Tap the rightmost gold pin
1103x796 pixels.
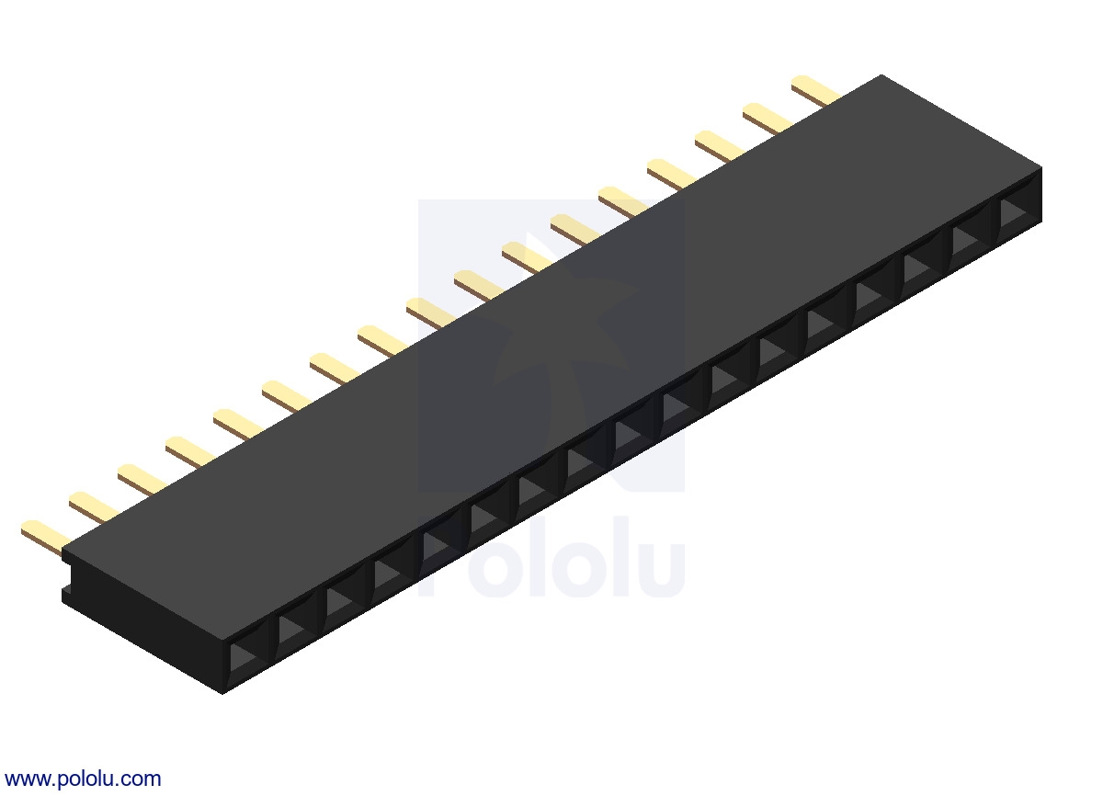coord(815,89)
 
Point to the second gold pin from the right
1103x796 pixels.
coord(768,118)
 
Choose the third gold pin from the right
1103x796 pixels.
coord(720,146)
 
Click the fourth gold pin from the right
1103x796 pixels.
coord(671,174)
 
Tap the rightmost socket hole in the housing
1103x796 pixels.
coord(1019,212)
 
